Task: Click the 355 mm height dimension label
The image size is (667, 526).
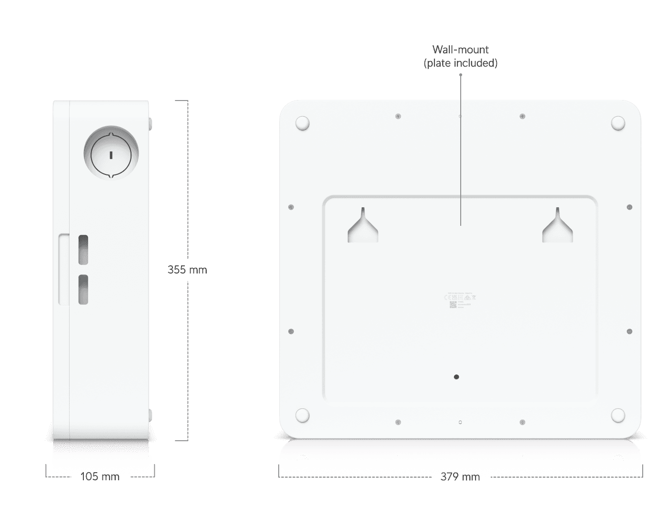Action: [187, 270]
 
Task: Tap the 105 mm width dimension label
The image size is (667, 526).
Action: [100, 476]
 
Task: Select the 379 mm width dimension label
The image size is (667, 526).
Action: [460, 476]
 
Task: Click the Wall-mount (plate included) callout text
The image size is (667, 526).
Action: [460, 56]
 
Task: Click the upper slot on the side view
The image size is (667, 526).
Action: [83, 250]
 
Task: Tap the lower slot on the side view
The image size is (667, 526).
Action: [83, 290]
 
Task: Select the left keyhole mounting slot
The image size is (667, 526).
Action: [363, 227]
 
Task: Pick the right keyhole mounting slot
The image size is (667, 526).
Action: [557, 227]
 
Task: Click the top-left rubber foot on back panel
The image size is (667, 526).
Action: [303, 123]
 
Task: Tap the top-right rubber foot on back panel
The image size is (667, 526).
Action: [618, 123]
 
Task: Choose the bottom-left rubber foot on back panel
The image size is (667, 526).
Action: [303, 415]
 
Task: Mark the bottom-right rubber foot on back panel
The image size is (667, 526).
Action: [618, 415]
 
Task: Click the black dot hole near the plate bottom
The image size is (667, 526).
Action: [456, 377]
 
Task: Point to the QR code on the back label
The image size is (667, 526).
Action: [453, 304]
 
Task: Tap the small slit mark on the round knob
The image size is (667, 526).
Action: [111, 154]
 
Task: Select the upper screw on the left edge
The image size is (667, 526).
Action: [291, 207]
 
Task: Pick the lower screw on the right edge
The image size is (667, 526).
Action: [629, 331]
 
